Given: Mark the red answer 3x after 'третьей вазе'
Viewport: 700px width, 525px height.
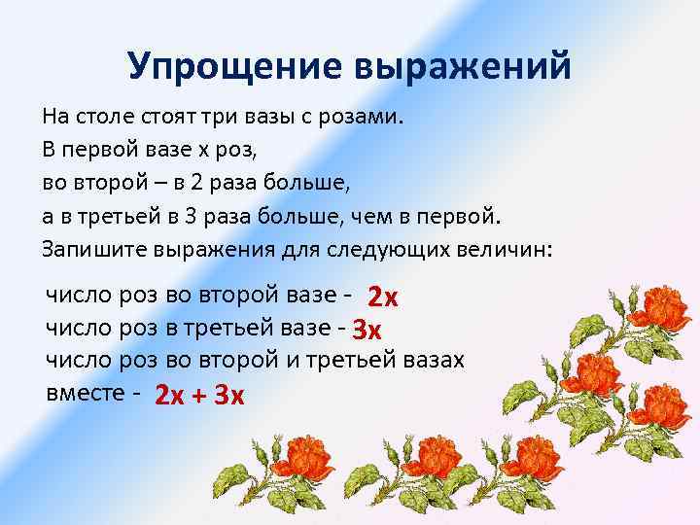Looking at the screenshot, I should click(x=367, y=329).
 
